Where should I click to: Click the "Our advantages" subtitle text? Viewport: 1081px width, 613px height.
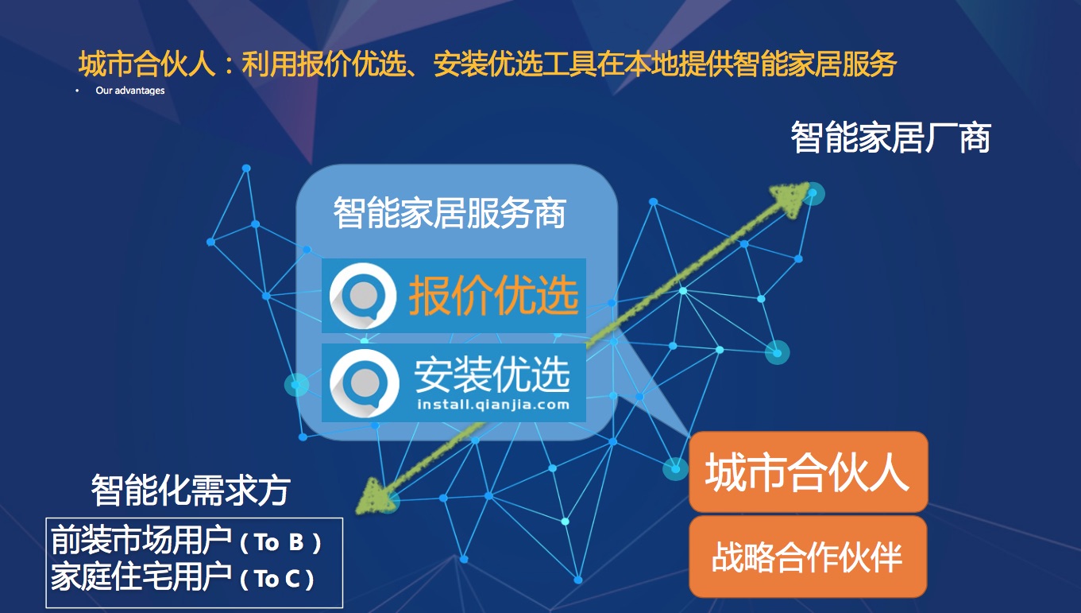pyautogui.click(x=129, y=91)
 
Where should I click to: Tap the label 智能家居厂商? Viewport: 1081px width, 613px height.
pyautogui.click(x=890, y=138)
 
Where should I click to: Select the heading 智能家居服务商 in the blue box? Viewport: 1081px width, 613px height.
pyautogui.click(x=450, y=212)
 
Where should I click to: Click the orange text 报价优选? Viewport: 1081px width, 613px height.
pyautogui.click(x=493, y=295)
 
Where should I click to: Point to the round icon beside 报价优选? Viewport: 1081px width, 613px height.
pyautogui.click(x=363, y=296)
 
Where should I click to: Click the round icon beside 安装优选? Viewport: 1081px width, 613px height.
pyautogui.click(x=365, y=383)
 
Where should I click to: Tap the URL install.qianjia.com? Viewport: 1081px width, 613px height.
pyautogui.click(x=493, y=405)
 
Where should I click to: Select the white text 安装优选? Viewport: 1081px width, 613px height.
pyautogui.click(x=492, y=374)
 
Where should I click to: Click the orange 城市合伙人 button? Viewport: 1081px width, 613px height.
pyautogui.click(x=809, y=471)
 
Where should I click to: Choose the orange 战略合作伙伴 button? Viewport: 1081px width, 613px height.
pyautogui.click(x=808, y=557)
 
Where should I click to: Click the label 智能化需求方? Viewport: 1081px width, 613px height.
pyautogui.click(x=191, y=490)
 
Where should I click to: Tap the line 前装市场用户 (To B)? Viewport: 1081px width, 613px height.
pyautogui.click(x=186, y=541)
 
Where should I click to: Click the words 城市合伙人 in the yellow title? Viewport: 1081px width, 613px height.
pyautogui.click(x=147, y=64)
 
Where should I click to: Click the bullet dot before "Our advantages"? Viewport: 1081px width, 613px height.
pyautogui.click(x=77, y=91)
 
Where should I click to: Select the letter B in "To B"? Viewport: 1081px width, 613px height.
pyautogui.click(x=296, y=542)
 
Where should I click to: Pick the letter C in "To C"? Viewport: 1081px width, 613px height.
pyautogui.click(x=293, y=579)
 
